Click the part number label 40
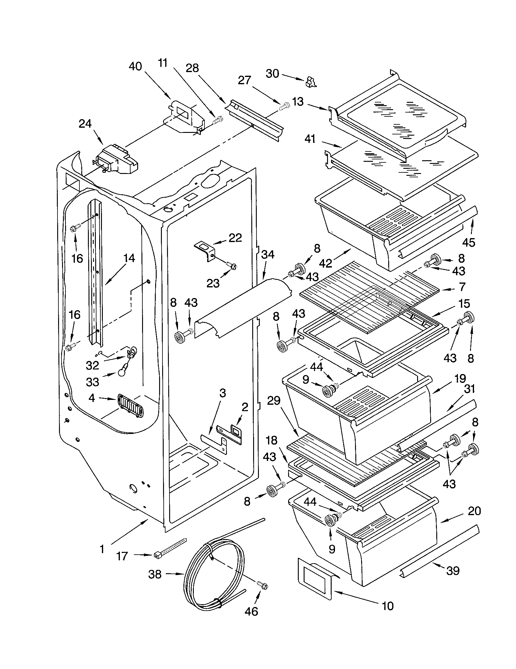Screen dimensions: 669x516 pyautogui.click(x=135, y=66)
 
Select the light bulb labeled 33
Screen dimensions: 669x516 pyautogui.click(x=122, y=373)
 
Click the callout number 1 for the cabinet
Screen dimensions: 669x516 pyautogui.click(x=102, y=549)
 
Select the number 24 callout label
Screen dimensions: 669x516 pyautogui.click(x=85, y=124)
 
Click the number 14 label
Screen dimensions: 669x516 pyautogui.click(x=129, y=258)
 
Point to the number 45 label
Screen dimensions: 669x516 pyautogui.click(x=469, y=242)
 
